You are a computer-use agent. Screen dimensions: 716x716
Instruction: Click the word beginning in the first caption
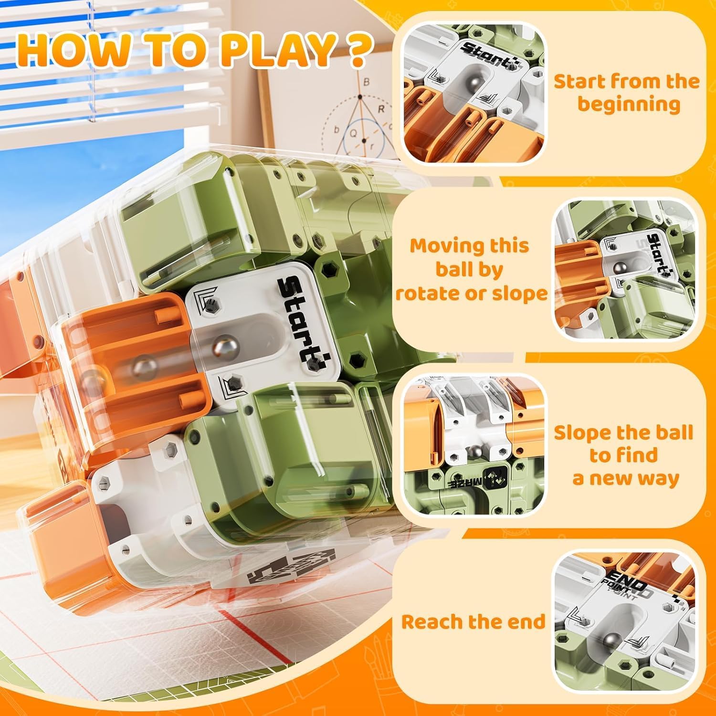628,104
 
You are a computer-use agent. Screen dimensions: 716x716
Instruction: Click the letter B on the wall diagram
366,82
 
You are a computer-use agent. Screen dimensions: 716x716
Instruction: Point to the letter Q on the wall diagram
354,134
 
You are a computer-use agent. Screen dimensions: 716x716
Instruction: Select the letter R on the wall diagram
381,109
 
